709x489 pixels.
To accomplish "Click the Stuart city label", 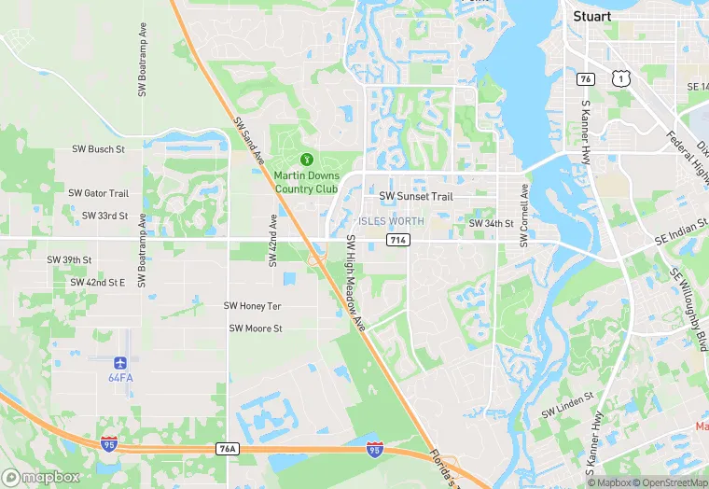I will pos(591,16).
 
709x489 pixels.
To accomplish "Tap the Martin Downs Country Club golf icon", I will pos(307,160).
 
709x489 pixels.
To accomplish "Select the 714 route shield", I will pos(396,241).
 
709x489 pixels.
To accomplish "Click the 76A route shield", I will pos(227,449).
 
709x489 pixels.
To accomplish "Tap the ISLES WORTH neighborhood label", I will pos(391,221).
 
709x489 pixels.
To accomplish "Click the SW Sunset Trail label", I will pos(416,197).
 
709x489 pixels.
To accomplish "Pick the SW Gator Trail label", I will pos(98,193).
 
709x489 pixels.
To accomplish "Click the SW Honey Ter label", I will pos(252,306).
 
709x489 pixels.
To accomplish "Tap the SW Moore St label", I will pos(256,328).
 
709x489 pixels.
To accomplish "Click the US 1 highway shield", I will pos(619,80).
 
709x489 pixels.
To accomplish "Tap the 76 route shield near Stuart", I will pos(586,78).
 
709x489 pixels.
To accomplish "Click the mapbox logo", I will pos(42,476).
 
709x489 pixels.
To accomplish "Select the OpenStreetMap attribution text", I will pos(668,482).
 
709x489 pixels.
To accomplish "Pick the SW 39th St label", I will pos(69,259).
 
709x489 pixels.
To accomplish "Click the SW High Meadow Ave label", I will pos(355,283).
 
